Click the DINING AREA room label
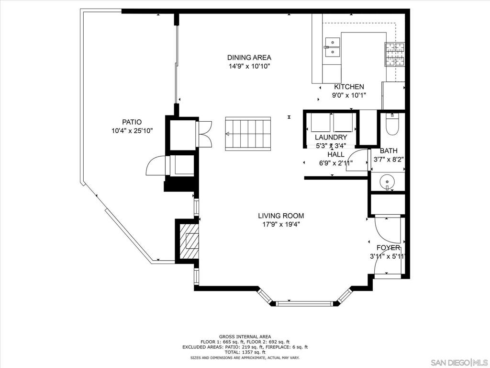point(249,57)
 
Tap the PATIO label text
point(132,122)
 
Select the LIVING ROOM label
point(281,216)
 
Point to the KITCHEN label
point(349,87)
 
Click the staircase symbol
point(248,134)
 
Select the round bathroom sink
point(387,181)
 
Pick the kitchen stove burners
point(394,55)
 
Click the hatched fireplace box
point(189,241)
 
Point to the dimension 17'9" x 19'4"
point(281,224)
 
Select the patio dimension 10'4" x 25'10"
point(132,130)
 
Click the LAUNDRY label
point(331,137)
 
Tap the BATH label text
point(389,151)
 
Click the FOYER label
point(388,248)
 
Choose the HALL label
point(336,154)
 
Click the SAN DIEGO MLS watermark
point(459,362)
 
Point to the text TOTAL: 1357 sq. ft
point(245,352)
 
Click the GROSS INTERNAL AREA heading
point(245,337)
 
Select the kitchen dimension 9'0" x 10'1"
point(349,95)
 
